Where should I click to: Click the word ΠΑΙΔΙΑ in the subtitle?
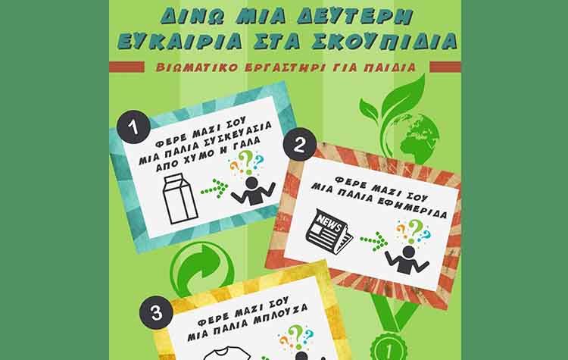(391, 66)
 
